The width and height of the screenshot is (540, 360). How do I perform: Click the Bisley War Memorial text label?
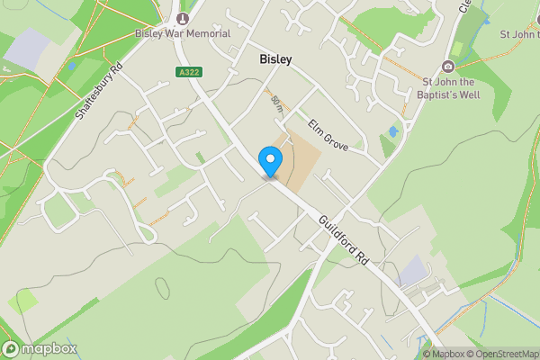point(183,33)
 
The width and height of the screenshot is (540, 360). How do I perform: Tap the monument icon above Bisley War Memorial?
point(183,18)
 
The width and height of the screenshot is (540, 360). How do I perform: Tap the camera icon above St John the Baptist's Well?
point(448,67)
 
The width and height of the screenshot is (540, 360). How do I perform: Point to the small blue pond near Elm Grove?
point(392,132)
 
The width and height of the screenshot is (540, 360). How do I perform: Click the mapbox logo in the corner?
point(40,348)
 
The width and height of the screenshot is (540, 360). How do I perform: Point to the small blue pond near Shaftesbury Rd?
point(71,66)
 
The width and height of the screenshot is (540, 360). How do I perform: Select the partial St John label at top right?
point(519,34)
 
